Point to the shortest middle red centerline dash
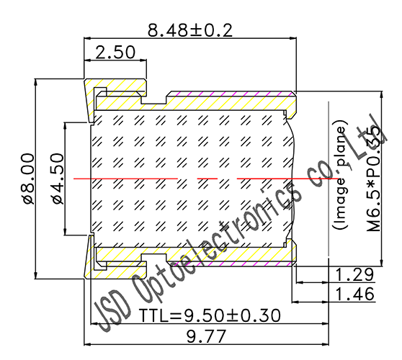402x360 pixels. pyautogui.click(x=207, y=178)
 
